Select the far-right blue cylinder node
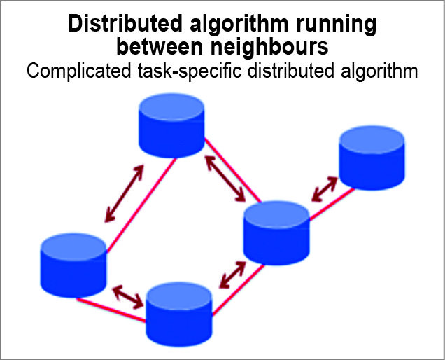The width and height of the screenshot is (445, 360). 371,157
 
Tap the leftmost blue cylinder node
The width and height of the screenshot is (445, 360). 73,264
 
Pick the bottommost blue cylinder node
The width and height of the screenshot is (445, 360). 178,312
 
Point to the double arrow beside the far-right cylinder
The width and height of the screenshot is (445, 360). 324,188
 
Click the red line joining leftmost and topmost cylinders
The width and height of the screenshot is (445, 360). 140,210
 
